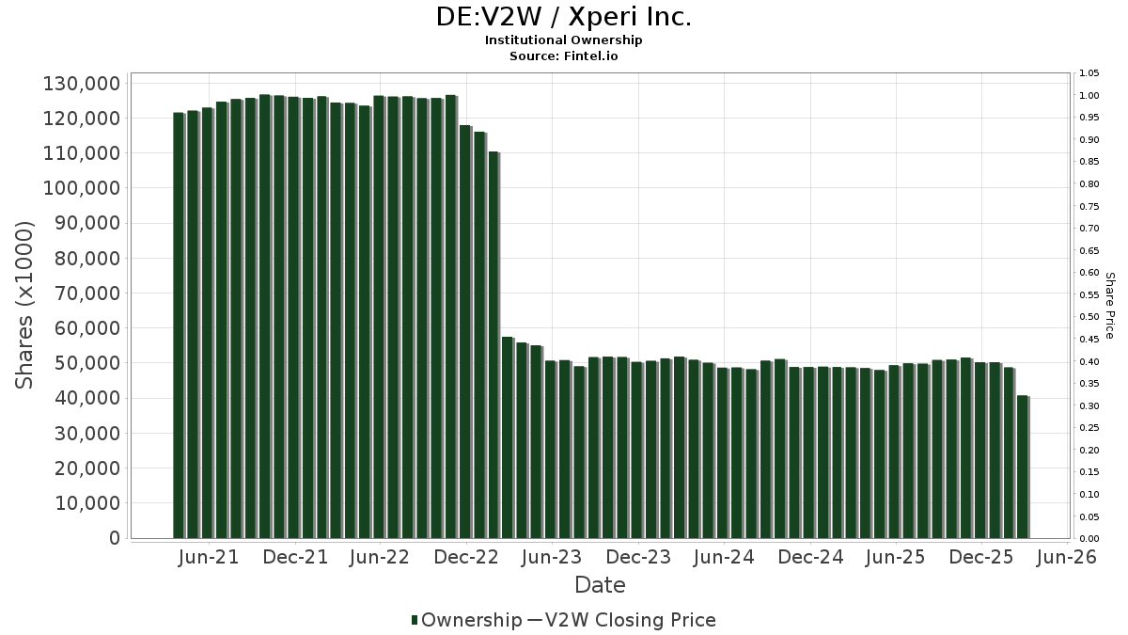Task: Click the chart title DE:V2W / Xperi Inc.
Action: [x=563, y=17]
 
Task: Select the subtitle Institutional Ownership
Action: [x=563, y=40]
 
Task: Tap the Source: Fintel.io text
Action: [x=563, y=56]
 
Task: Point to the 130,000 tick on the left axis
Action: [x=82, y=84]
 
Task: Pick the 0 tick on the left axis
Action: [x=114, y=538]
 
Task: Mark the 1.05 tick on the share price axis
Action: [x=1089, y=73]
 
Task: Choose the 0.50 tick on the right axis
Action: [x=1089, y=317]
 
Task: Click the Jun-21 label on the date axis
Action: [x=209, y=558]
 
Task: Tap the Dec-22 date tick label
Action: [x=466, y=558]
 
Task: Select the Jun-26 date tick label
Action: [x=1066, y=558]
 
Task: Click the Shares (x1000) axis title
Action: [x=25, y=305]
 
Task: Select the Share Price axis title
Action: [x=1110, y=305]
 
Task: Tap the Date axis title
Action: [x=600, y=585]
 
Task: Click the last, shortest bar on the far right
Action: [x=1022, y=468]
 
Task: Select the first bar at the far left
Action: [x=179, y=325]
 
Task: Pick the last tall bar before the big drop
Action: [x=493, y=345]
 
